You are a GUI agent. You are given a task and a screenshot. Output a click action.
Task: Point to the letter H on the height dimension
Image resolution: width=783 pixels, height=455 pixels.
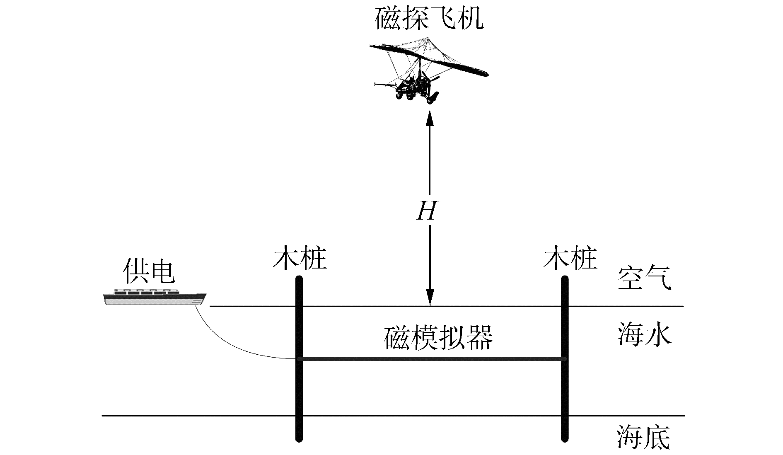click(x=427, y=212)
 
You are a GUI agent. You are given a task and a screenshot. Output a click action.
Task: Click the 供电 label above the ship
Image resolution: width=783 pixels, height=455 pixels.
click(x=149, y=272)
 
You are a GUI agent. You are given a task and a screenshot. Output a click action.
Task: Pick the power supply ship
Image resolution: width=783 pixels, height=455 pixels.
click(x=154, y=297)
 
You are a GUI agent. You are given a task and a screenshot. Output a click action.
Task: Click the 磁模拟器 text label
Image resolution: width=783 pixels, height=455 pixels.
click(x=438, y=338)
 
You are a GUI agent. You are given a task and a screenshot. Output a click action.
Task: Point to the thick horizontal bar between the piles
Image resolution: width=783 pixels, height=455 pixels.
click(x=431, y=359)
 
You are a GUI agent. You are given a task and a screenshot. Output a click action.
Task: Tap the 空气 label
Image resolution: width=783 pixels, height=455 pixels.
click(x=644, y=278)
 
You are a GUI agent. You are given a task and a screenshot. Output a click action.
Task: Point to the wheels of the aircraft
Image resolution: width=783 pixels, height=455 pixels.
click(x=410, y=96)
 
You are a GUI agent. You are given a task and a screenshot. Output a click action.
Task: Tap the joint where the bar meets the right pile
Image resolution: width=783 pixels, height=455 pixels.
click(x=564, y=359)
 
